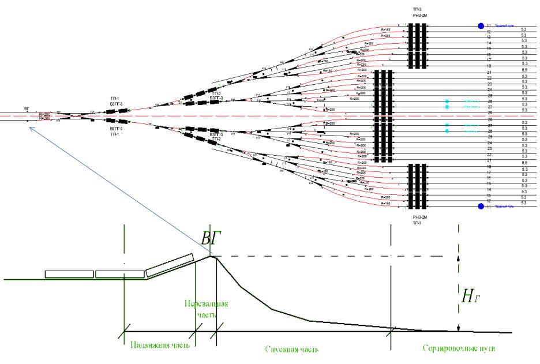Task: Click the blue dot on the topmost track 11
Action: click(x=480, y=26)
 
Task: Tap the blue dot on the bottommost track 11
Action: click(x=480, y=205)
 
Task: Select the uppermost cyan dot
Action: click(x=447, y=102)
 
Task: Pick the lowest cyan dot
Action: click(x=447, y=132)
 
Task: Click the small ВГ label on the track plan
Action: click(x=27, y=108)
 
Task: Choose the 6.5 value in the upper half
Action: click(x=524, y=70)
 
